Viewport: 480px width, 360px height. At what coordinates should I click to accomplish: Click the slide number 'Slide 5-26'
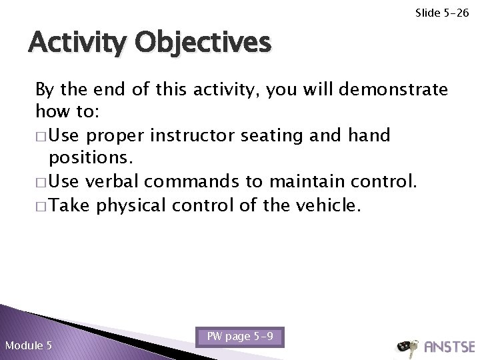tap(443, 12)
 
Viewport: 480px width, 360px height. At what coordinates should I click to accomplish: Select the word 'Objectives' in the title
tap(204, 43)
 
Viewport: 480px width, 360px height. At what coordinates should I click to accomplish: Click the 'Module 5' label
tap(28, 345)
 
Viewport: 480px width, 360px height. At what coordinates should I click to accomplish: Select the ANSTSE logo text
tap(447, 347)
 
